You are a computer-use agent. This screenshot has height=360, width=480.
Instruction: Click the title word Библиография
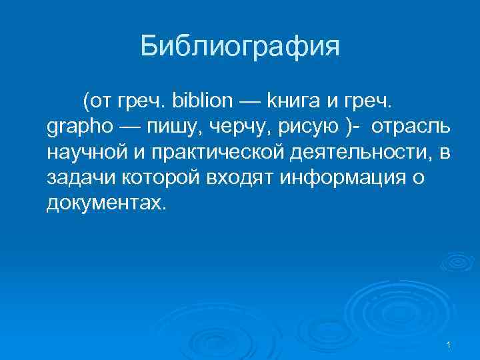tap(240, 47)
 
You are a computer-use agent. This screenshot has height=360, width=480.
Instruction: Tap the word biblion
tap(203, 102)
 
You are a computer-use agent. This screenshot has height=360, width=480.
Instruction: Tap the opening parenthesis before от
tap(85, 102)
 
